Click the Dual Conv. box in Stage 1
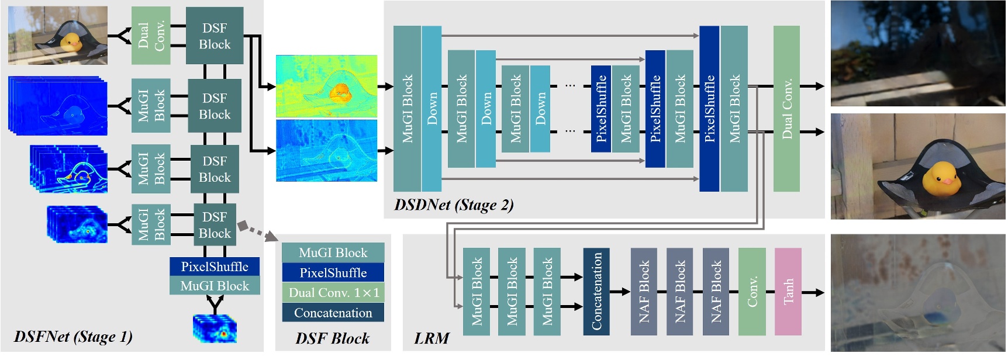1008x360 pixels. pos(151,36)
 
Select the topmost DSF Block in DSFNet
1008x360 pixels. pos(215,36)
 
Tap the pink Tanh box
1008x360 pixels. pos(788,291)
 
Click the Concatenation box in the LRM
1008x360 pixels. pos(596,291)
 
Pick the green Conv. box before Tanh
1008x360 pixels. pos(752,291)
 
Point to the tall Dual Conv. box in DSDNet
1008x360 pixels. pos(786,109)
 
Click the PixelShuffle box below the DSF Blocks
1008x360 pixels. pos(215,266)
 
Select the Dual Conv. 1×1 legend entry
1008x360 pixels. pos(333,293)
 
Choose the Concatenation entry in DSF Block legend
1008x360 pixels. pos(333,313)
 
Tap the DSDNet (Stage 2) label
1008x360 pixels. pos(454,205)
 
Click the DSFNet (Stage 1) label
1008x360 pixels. pos(73,337)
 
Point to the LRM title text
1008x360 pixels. pos(431,338)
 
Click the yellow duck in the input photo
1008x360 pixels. pos(71,42)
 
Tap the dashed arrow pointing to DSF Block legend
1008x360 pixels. pos(257,230)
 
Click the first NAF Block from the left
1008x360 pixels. pos(644,291)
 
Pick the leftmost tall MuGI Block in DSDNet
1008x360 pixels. pos(407,109)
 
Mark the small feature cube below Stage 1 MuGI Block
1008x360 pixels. pos(215,328)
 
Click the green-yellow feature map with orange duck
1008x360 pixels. pos(326,86)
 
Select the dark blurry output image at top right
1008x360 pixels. pos(918,53)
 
